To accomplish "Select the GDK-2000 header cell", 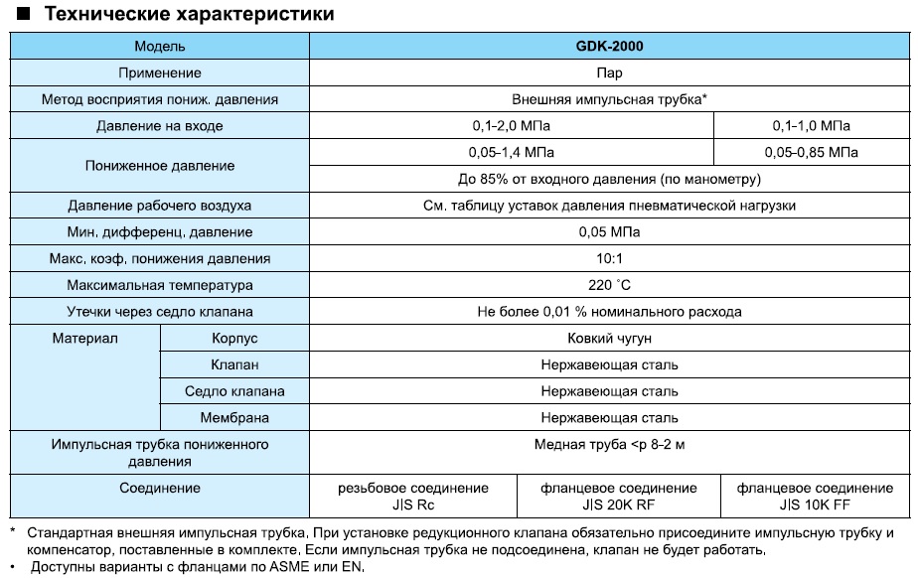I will click(610, 46).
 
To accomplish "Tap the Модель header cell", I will click(160, 46).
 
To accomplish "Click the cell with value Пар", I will click(610, 72).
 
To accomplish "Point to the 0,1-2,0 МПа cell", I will click(511, 126).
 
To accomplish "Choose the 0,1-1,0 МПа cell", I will click(811, 126).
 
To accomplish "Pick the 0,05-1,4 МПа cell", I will click(511, 153).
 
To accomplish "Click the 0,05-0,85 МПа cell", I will click(811, 153).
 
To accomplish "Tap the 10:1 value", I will click(610, 258).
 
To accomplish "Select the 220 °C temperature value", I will click(610, 285).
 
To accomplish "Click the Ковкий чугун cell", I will click(610, 339).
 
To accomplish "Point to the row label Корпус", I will click(234, 339).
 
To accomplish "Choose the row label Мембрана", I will click(234, 418).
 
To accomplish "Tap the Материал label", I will click(84, 339).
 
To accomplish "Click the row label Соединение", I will click(160, 489).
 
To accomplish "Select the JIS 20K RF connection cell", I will click(618, 497).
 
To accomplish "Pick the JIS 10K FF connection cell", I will click(814, 497).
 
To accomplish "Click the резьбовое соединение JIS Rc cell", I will click(412, 497).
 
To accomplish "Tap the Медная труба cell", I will click(610, 445).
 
